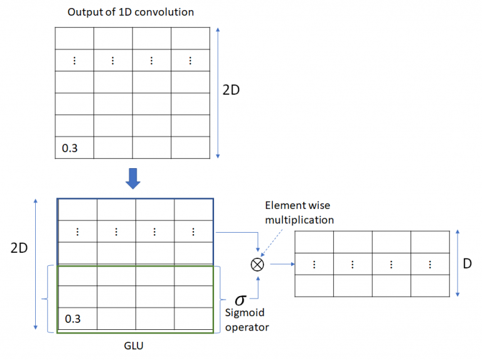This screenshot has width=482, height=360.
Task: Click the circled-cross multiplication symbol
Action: [257, 265]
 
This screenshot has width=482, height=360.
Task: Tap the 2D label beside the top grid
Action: [232, 90]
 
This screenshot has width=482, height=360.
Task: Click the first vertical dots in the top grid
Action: [74, 61]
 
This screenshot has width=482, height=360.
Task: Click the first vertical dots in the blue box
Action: [77, 231]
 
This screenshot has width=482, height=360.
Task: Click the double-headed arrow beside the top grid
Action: [217, 92]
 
